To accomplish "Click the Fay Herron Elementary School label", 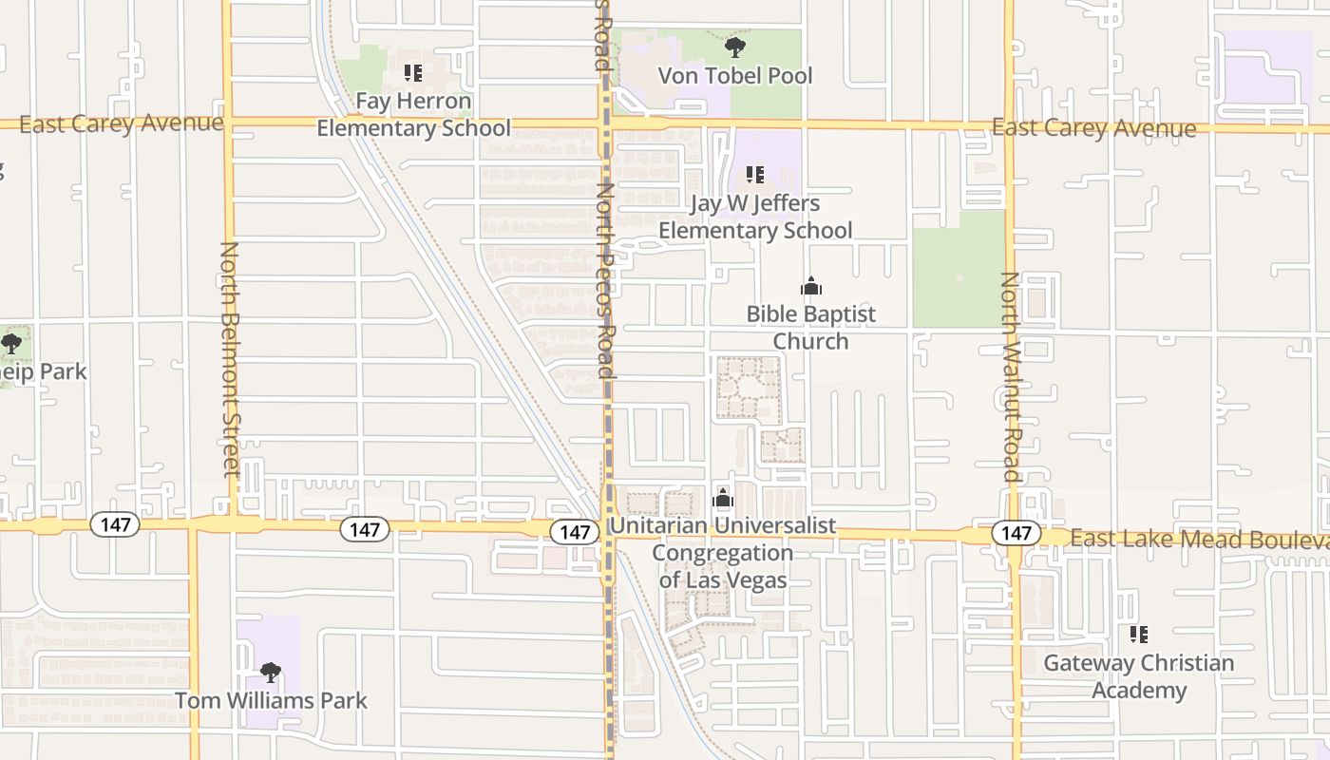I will pyautogui.click(x=413, y=114).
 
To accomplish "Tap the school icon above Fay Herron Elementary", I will pyautogui.click(x=413, y=72).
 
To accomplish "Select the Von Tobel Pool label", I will pyautogui.click(x=735, y=75).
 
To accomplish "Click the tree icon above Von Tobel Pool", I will pyautogui.click(x=734, y=47).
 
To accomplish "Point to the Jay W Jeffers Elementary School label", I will pyautogui.click(x=755, y=217).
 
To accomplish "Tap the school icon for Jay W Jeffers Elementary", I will pyautogui.click(x=755, y=175).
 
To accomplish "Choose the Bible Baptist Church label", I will pyautogui.click(x=810, y=327).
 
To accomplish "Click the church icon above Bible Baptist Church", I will pyautogui.click(x=810, y=286).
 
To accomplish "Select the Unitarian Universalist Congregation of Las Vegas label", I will pyautogui.click(x=723, y=552).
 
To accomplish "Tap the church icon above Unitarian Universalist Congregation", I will pyautogui.click(x=723, y=498).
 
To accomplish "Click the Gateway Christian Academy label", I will pyautogui.click(x=1139, y=676).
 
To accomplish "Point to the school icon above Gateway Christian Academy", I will pyautogui.click(x=1139, y=635).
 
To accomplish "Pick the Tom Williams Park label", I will pyautogui.click(x=271, y=701).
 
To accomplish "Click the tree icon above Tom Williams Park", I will pyautogui.click(x=271, y=673).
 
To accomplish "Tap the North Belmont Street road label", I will pyautogui.click(x=230, y=358).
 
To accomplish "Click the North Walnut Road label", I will pyautogui.click(x=1010, y=377).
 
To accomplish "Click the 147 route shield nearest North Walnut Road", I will pyautogui.click(x=1016, y=533).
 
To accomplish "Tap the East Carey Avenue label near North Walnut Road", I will pyautogui.click(x=1093, y=128).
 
